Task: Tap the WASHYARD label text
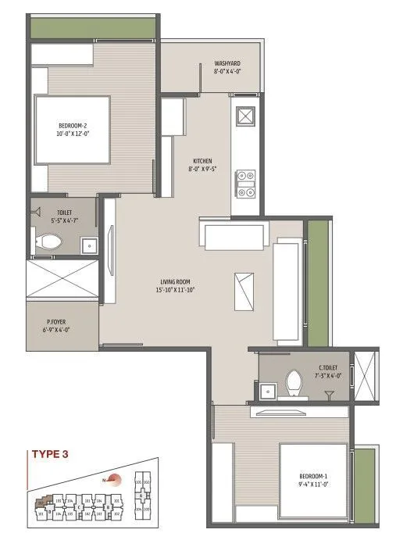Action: (x=227, y=63)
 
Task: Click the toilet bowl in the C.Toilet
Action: (x=294, y=383)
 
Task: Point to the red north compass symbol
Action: (x=115, y=481)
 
